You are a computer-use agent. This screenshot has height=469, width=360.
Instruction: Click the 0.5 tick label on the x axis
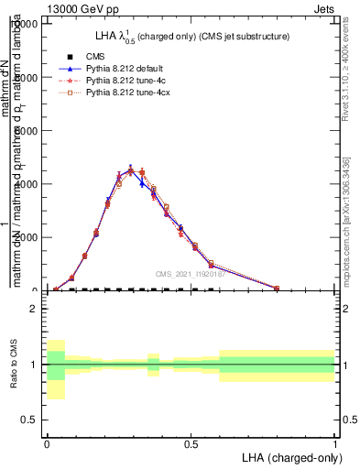tap(191, 442)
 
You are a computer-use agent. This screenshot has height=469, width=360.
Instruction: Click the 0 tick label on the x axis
tap(47, 442)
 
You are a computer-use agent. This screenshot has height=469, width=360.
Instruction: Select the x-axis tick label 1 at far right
tap(335, 442)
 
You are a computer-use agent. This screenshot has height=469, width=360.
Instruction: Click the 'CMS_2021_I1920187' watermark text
tap(191, 274)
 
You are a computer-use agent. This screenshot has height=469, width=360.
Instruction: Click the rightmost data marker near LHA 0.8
tap(277, 288)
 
